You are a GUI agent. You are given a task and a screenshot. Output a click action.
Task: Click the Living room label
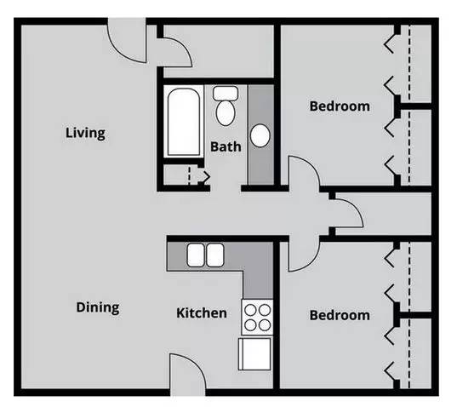click(85, 133)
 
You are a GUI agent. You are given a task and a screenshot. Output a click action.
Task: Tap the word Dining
click(97, 307)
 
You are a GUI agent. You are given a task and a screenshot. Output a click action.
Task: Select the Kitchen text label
click(201, 312)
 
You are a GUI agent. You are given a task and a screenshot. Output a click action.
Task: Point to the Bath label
click(226, 146)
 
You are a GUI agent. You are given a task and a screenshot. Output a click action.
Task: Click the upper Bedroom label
click(339, 106)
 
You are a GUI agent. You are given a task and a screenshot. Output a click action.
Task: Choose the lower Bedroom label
click(339, 315)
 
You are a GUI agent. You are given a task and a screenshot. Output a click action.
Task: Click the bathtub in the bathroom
click(183, 121)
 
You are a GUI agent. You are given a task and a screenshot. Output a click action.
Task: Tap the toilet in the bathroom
click(226, 106)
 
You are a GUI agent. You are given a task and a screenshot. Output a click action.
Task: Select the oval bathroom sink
click(261, 135)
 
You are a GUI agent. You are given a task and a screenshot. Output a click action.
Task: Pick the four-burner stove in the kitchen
click(257, 318)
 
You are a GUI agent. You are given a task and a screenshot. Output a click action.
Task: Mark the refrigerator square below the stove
click(255, 353)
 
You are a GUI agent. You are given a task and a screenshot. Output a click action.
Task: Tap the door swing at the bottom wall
click(186, 373)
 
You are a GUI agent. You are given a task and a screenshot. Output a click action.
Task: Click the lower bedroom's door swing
click(302, 252)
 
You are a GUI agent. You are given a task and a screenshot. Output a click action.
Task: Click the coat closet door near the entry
click(176, 51)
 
